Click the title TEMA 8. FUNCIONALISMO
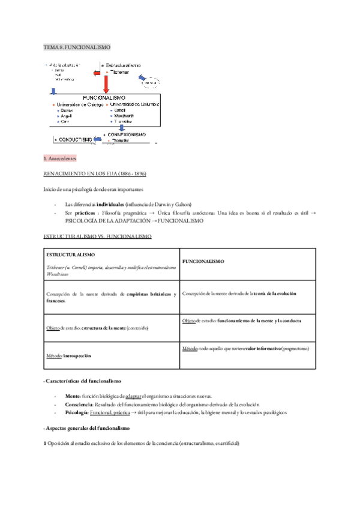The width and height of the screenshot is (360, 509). click(77, 47)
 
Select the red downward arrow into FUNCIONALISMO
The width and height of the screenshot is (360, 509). click(106, 82)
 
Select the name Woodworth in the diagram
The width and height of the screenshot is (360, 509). click(123, 116)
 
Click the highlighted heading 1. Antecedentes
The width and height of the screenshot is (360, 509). click(59, 158)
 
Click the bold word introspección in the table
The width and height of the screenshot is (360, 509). click(78, 355)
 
